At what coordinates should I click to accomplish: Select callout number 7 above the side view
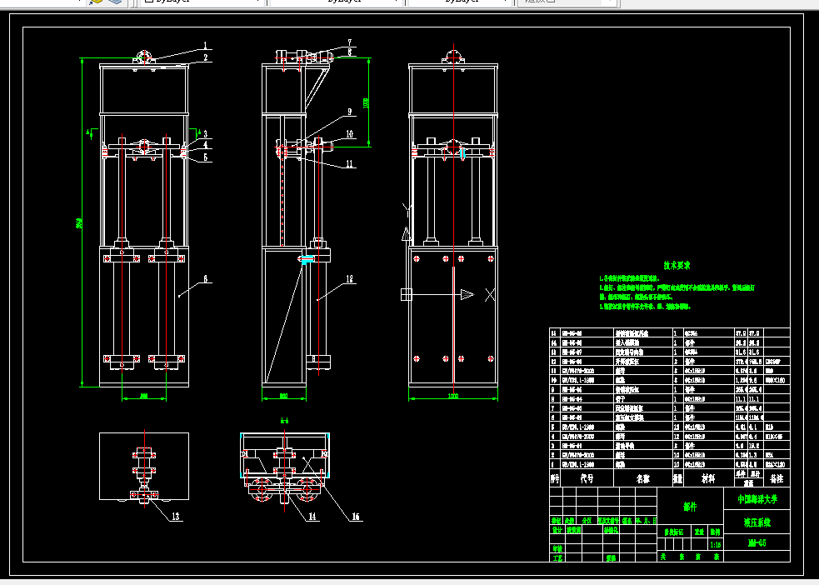[x=350, y=42]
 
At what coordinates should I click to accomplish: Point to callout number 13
[x=176, y=517]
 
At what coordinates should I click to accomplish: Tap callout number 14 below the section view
[x=312, y=517]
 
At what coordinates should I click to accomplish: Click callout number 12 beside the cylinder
[x=350, y=279]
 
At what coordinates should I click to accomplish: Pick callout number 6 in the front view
[x=206, y=279]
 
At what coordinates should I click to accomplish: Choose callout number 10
[x=350, y=132]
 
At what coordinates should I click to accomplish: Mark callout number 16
[x=356, y=517]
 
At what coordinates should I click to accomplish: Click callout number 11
[x=350, y=164]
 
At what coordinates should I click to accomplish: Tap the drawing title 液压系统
[x=757, y=523]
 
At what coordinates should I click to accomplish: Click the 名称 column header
[x=642, y=479]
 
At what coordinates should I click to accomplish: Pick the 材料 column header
[x=708, y=479]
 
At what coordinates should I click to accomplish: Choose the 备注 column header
[x=777, y=479]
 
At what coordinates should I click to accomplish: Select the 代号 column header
[x=586, y=479]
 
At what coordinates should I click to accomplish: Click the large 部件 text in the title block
[x=688, y=506]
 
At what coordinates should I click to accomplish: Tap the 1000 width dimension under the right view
[x=453, y=396]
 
